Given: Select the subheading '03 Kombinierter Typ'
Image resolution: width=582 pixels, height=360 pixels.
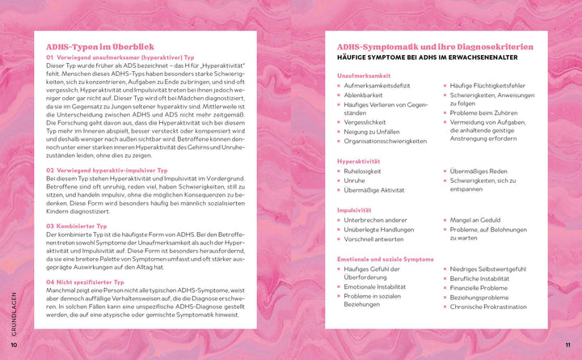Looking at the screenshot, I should tap(78, 226).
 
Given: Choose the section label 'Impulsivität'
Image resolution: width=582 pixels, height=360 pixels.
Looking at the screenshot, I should tap(355, 210).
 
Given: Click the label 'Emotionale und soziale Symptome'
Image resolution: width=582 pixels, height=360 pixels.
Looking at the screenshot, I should tap(386, 259).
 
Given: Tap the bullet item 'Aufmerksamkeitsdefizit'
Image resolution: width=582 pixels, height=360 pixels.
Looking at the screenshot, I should tap(379, 85).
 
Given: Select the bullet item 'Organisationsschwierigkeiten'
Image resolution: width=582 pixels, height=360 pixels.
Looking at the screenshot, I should tap(385, 141).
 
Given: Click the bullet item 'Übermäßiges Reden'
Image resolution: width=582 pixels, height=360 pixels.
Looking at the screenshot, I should tap(479, 171).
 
